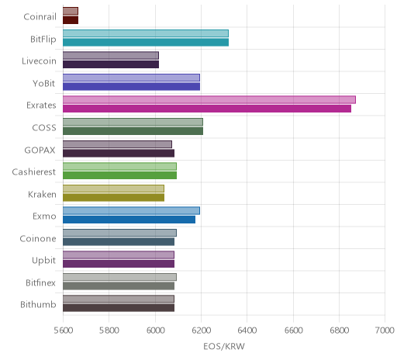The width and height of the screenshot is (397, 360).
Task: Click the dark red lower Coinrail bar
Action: pyautogui.click(x=71, y=20)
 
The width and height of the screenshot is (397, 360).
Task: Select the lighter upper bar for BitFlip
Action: pyautogui.click(x=146, y=33)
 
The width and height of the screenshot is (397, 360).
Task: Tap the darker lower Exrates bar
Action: pyautogui.click(x=207, y=109)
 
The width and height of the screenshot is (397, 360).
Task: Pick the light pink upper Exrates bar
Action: pyautogui.click(x=209, y=100)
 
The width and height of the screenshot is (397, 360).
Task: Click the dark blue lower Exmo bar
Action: pyautogui.click(x=129, y=220)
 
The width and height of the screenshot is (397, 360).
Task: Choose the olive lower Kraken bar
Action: pyautogui.click(x=113, y=198)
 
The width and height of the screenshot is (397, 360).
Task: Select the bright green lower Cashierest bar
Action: pyautogui.click(x=119, y=175)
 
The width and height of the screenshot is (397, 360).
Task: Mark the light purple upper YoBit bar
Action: pyautogui.click(x=131, y=78)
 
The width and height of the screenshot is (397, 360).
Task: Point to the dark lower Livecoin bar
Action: pyautogui.click(x=111, y=64)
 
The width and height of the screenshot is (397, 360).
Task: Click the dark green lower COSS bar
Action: pyautogui.click(x=133, y=131)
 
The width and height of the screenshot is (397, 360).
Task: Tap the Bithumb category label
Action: pyautogui.click(x=38, y=305)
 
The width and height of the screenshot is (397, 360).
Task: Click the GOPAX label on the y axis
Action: pyautogui.click(x=40, y=150)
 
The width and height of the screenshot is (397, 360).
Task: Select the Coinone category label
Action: pyautogui.click(x=38, y=238)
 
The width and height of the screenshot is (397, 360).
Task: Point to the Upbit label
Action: pyautogui.click(x=44, y=261)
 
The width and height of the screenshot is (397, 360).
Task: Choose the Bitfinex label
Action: pyautogui.click(x=41, y=282)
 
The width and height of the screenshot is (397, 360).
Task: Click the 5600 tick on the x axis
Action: pyautogui.click(x=64, y=331)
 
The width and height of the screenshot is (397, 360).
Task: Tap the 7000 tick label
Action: pyautogui.click(x=385, y=331)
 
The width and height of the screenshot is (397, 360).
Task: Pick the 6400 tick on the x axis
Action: pyautogui.click(x=247, y=331)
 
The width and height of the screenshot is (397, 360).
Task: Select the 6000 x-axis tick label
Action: pyautogui.click(x=155, y=331)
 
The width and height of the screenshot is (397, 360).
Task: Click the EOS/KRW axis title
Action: pyautogui.click(x=224, y=346)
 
